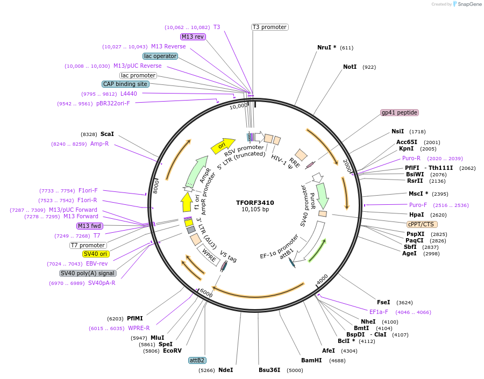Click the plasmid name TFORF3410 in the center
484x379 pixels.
255,203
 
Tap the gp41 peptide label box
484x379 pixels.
400,112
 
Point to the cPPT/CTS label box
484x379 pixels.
422,224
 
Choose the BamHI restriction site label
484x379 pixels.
311,360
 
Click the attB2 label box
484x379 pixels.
197,360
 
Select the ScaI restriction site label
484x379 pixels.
107,134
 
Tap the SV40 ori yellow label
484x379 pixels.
96,254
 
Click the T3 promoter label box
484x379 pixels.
269,27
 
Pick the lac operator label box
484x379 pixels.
160,56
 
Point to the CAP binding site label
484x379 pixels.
125,84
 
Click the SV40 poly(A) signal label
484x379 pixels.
88,273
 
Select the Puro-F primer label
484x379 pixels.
418,205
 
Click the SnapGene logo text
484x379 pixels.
470,4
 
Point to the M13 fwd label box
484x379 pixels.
90,226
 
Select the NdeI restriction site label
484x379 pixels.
226,370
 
